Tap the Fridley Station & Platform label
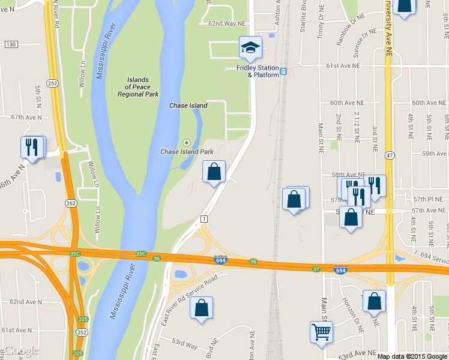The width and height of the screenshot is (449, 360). pyautogui.click(x=258, y=71)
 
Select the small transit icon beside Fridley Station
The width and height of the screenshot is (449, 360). pyautogui.click(x=284, y=71)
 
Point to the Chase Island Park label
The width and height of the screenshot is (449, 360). pyautogui.click(x=187, y=152)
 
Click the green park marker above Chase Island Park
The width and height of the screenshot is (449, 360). pyautogui.click(x=187, y=142)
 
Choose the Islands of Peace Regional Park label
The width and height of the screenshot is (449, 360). pyautogui.click(x=138, y=87)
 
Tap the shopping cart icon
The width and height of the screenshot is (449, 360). pyautogui.click(x=321, y=331)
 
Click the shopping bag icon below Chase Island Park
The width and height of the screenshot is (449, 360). pyautogui.click(x=214, y=172)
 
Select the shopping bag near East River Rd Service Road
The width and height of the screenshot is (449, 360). pyautogui.click(x=201, y=308)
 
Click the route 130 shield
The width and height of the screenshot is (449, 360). pyautogui.click(x=10, y=44)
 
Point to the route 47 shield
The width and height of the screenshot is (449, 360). pyautogui.click(x=390, y=155)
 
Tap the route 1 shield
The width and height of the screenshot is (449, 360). pyautogui.click(x=204, y=218)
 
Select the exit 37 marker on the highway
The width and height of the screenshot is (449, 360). pyautogui.click(x=316, y=268)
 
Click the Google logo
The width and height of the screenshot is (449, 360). pyautogui.click(x=20, y=350)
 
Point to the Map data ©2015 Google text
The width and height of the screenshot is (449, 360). pyautogui.click(x=412, y=356)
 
